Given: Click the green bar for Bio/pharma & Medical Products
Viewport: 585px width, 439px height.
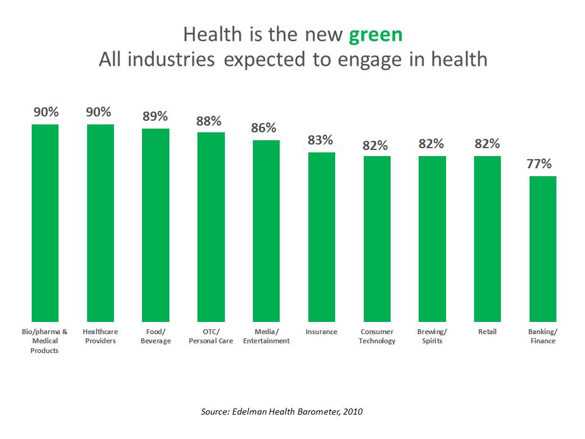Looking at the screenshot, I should point(44,223).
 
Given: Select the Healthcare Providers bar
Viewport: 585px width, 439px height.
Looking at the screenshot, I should point(100,223).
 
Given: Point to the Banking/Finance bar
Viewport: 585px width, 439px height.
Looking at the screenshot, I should point(542,249).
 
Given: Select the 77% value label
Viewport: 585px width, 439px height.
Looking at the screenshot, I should point(539,164).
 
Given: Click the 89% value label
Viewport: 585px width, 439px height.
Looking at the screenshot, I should point(155,116).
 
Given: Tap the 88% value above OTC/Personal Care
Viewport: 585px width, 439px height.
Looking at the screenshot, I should point(208,121).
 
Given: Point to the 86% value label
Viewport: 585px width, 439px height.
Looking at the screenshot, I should point(264,129).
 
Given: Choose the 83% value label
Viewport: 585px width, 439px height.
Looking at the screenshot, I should point(320,140).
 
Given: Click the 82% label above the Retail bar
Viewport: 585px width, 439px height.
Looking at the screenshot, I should point(487,145).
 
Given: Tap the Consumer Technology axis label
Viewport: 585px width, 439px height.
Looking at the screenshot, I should point(377,337).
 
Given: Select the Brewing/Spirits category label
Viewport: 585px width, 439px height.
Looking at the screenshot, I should point(432,337).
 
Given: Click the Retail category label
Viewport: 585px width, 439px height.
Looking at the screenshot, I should point(487,332).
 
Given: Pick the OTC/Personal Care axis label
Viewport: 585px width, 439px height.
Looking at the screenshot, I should point(210,337).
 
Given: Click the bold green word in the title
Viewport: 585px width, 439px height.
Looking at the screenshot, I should point(375,35).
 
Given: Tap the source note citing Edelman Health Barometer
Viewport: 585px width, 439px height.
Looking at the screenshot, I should point(282,412).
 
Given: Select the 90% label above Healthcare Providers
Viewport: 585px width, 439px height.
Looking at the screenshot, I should point(98,112).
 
